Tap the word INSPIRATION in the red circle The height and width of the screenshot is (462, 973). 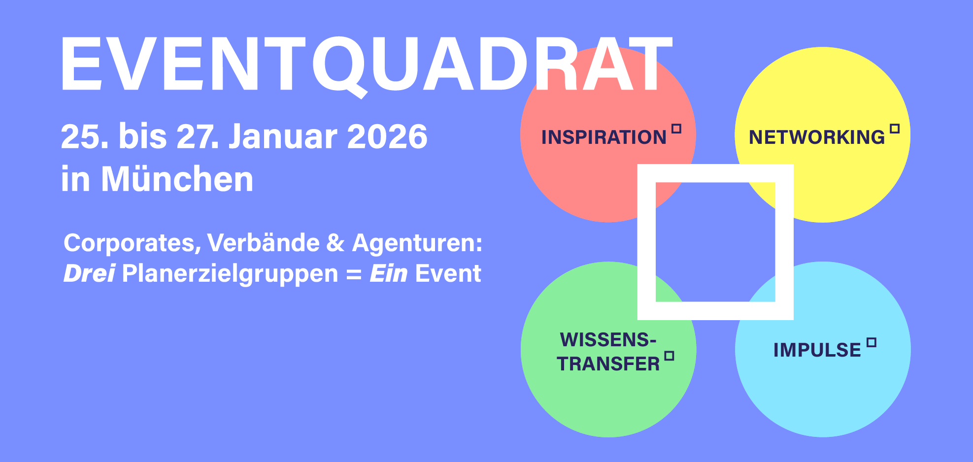pyautogui.click(x=604, y=137)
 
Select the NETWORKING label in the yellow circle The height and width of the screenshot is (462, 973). pyautogui.click(x=817, y=137)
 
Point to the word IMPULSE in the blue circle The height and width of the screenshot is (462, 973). pyautogui.click(x=817, y=350)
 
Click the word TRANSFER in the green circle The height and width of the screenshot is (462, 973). pyautogui.click(x=608, y=363)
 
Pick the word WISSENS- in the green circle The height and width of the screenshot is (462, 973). pyautogui.click(x=608, y=340)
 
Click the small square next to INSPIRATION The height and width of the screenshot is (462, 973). pyautogui.click(x=676, y=129)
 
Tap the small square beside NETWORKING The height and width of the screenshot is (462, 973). pyautogui.click(x=895, y=129)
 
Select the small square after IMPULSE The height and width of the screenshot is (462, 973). pyautogui.click(x=872, y=342)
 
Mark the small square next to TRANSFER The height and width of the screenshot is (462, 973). pyautogui.click(x=669, y=356)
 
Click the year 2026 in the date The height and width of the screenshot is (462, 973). pyautogui.click(x=387, y=136)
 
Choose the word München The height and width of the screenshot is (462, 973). pyautogui.click(x=177, y=178)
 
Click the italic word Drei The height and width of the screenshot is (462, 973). pyautogui.click(x=89, y=273)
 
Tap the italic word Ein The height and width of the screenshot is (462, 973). pyautogui.click(x=389, y=273)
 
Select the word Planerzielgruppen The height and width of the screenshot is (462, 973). pyautogui.click(x=230, y=274)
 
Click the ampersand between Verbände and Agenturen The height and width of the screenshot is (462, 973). pyautogui.click(x=336, y=243)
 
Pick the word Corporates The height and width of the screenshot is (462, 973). pyautogui.click(x=133, y=243)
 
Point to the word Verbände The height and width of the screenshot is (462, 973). pyautogui.click(x=264, y=243)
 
